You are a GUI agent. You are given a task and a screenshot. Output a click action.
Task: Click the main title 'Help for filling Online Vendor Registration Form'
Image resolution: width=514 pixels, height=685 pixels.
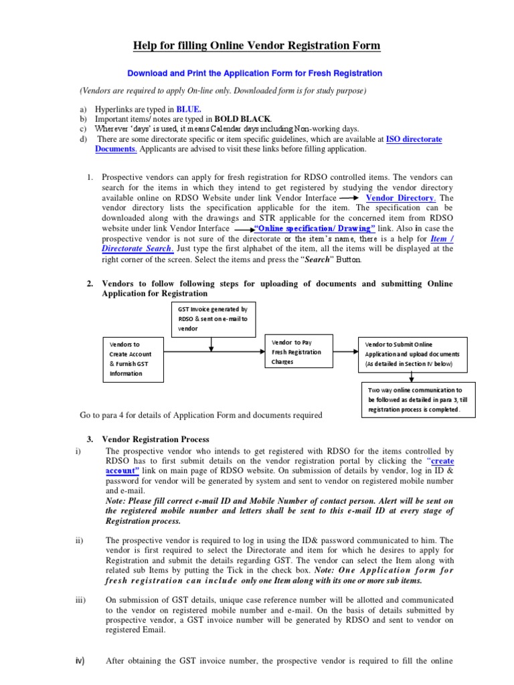(x=256, y=45)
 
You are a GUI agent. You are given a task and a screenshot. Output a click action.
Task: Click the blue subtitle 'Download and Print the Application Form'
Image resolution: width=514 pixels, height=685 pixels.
(x=256, y=73)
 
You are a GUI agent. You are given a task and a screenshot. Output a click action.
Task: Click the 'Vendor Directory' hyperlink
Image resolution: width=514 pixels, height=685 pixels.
(x=401, y=199)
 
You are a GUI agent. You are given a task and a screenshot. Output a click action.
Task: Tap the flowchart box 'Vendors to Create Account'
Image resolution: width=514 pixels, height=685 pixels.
(x=133, y=359)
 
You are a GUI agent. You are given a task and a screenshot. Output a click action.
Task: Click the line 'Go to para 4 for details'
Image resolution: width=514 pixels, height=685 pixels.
(x=201, y=415)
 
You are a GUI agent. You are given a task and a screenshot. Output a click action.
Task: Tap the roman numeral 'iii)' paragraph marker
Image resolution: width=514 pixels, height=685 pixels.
(x=82, y=601)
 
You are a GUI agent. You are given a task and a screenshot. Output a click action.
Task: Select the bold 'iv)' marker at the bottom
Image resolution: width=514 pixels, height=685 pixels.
(x=80, y=662)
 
